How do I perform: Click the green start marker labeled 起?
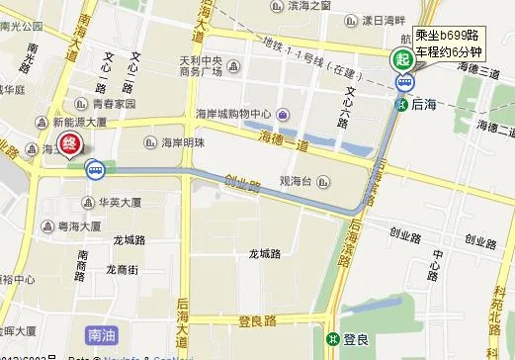click(x=401, y=58)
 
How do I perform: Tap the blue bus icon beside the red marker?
click(x=95, y=170)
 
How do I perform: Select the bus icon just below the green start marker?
click(x=403, y=82)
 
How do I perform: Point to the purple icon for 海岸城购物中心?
click(x=284, y=113)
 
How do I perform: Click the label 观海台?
click(x=296, y=181)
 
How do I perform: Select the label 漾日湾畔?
click(x=384, y=20)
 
